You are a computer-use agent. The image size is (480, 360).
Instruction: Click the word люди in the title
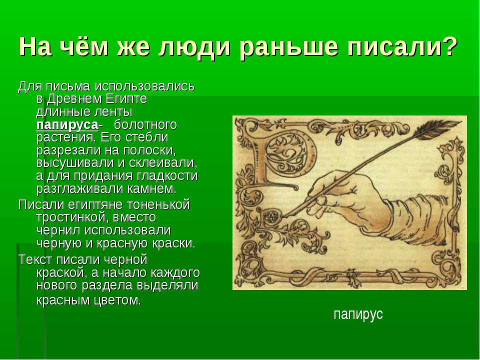click(194, 47)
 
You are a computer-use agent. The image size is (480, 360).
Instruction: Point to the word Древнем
click(74, 99)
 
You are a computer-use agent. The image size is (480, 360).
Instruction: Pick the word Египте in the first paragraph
click(126, 99)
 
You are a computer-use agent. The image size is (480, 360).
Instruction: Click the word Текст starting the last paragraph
click(36, 259)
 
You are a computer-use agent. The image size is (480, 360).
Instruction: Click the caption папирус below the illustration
click(358, 314)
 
